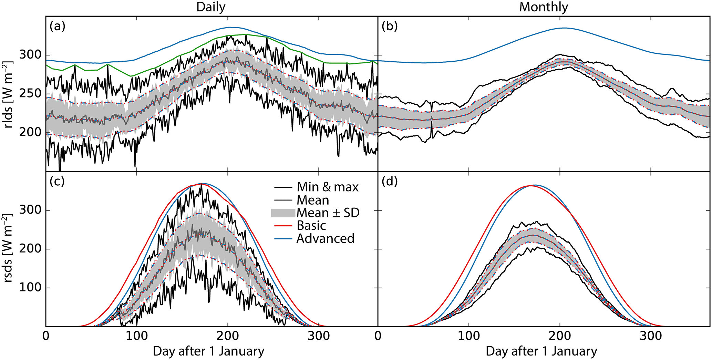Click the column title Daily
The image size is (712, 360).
211,7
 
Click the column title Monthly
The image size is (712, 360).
544,7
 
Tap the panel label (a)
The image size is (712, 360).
57,26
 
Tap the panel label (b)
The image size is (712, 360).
390,26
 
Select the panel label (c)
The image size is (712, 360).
57,181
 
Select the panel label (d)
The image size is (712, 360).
390,181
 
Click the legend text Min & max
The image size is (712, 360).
328,187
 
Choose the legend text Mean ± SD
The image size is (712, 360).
328,213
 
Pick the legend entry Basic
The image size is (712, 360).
311,226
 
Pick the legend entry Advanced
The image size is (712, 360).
325,238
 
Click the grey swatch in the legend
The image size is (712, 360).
283,213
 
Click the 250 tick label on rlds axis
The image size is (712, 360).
30,94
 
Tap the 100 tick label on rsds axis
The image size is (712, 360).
30,288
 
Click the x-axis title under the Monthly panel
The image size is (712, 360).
541,351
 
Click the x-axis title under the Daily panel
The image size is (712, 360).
208,351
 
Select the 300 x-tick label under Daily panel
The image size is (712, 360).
319,336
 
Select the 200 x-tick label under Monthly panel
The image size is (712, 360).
560,336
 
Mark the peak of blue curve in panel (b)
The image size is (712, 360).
564,28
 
